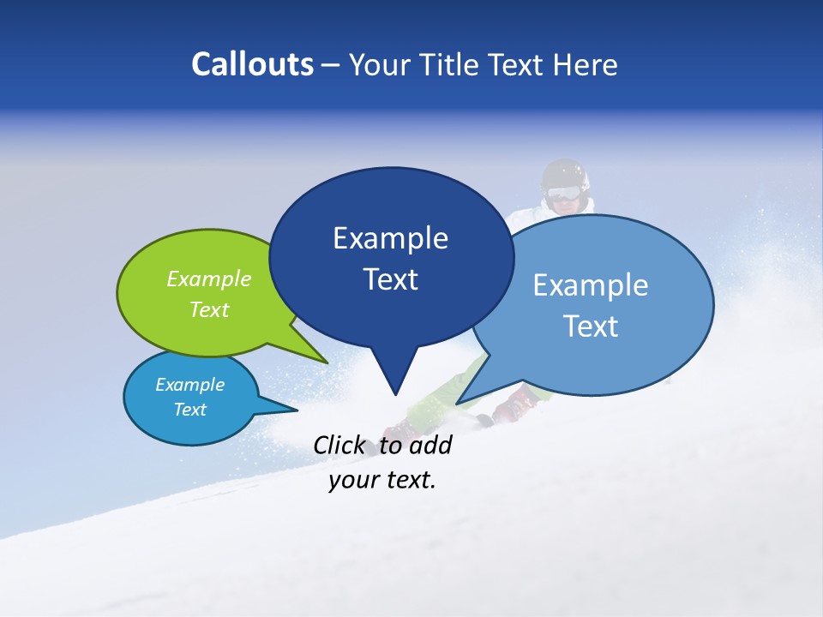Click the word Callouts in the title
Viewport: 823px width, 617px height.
click(252, 64)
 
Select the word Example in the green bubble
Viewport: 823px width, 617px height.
click(209, 279)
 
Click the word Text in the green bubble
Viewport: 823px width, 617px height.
click(209, 309)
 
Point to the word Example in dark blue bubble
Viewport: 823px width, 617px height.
click(390, 238)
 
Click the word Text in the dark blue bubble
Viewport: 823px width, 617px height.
click(390, 279)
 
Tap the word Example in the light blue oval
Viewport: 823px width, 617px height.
click(591, 285)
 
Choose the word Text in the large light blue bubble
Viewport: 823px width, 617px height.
click(591, 326)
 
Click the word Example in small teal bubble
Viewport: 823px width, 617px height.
click(189, 385)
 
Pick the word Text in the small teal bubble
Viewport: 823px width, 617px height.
click(189, 410)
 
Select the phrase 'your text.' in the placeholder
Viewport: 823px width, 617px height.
click(382, 480)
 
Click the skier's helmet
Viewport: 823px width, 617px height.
click(566, 176)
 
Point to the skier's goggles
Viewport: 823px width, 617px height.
click(563, 195)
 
